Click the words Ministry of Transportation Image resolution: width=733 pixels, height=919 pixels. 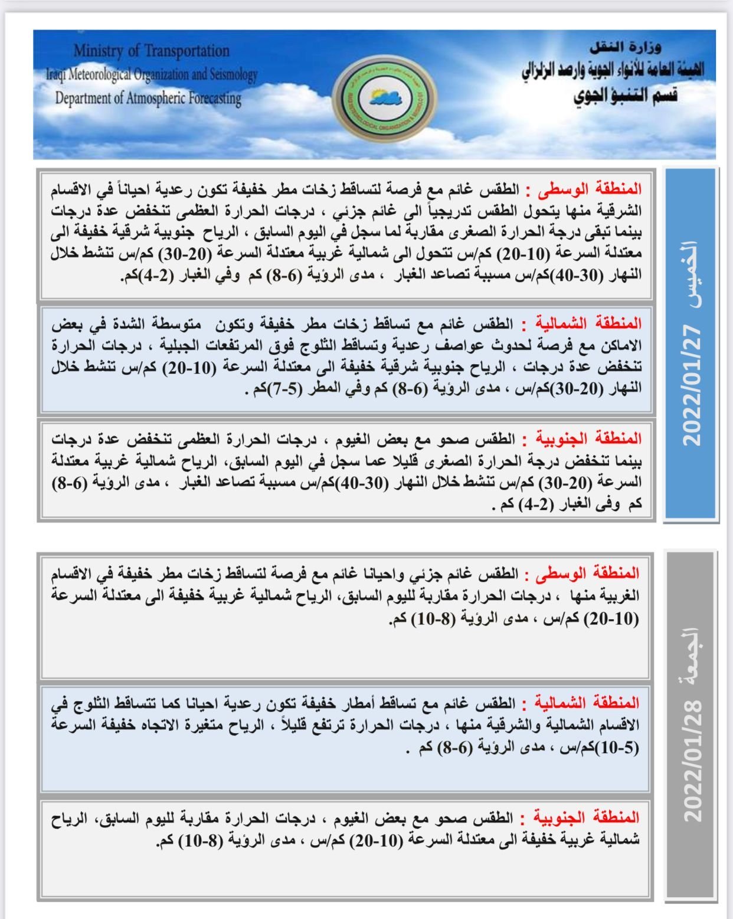coord(152,51)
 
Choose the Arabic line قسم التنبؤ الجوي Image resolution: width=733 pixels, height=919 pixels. coord(626,95)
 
